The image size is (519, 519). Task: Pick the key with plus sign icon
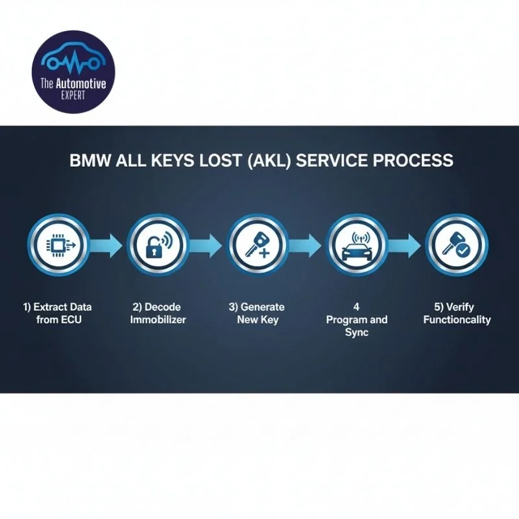(256, 245)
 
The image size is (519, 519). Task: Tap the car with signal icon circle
(356, 245)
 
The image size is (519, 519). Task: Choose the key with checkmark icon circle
(456, 245)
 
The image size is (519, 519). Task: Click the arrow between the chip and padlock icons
(106, 245)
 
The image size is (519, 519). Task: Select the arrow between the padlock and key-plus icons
(206, 245)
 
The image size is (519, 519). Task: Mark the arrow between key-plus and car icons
(306, 245)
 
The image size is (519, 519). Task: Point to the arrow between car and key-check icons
(406, 245)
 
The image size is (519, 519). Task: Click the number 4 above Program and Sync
(357, 306)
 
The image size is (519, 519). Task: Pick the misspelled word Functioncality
(457, 319)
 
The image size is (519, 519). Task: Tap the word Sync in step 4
(357, 332)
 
